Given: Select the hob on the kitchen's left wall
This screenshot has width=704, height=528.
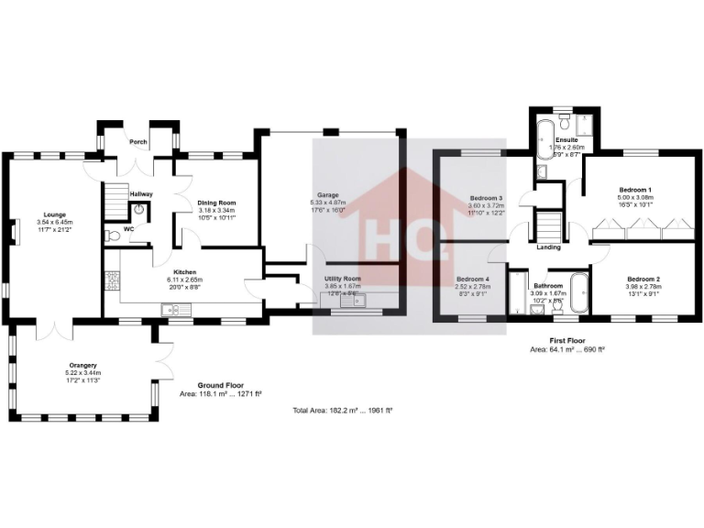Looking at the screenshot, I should [x=113, y=280].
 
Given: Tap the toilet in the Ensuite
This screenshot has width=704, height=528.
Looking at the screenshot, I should [x=565, y=122].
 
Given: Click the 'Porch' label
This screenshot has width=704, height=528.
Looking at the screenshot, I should [x=138, y=142].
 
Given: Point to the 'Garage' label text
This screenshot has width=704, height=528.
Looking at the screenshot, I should [x=328, y=194].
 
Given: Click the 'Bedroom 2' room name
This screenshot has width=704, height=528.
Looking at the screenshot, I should [x=643, y=279].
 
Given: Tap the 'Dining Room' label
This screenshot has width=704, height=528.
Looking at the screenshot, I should [x=217, y=203].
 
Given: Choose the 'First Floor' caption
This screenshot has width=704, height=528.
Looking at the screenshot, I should [x=567, y=340].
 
